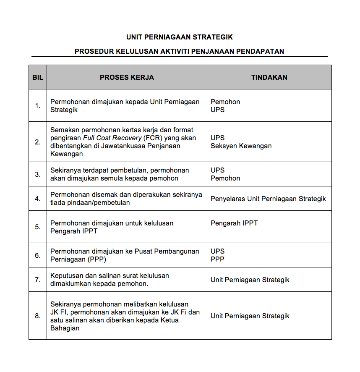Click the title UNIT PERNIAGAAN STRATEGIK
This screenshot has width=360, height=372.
[x=180, y=37]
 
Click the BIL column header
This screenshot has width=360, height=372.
[x=38, y=77]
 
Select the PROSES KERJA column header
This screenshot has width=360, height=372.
[x=127, y=77]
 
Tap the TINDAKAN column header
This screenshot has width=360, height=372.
[x=269, y=77]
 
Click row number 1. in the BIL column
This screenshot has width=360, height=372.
[x=38, y=106]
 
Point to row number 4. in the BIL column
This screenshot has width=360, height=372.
[x=38, y=199]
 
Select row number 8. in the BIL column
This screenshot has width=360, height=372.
[x=38, y=316]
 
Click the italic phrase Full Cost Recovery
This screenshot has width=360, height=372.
[x=112, y=138]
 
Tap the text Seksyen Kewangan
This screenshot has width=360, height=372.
[x=241, y=146]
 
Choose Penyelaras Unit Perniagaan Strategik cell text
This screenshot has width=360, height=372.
[x=268, y=199]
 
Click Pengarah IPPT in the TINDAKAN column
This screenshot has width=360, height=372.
[x=234, y=223]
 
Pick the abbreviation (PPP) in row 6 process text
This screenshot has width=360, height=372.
[x=97, y=259]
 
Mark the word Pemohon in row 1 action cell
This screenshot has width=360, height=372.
[x=225, y=102]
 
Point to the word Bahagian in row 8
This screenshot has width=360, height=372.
[x=65, y=328]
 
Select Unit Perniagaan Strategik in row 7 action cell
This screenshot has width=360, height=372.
[x=250, y=280]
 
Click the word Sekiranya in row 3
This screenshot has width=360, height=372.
[x=65, y=170]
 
